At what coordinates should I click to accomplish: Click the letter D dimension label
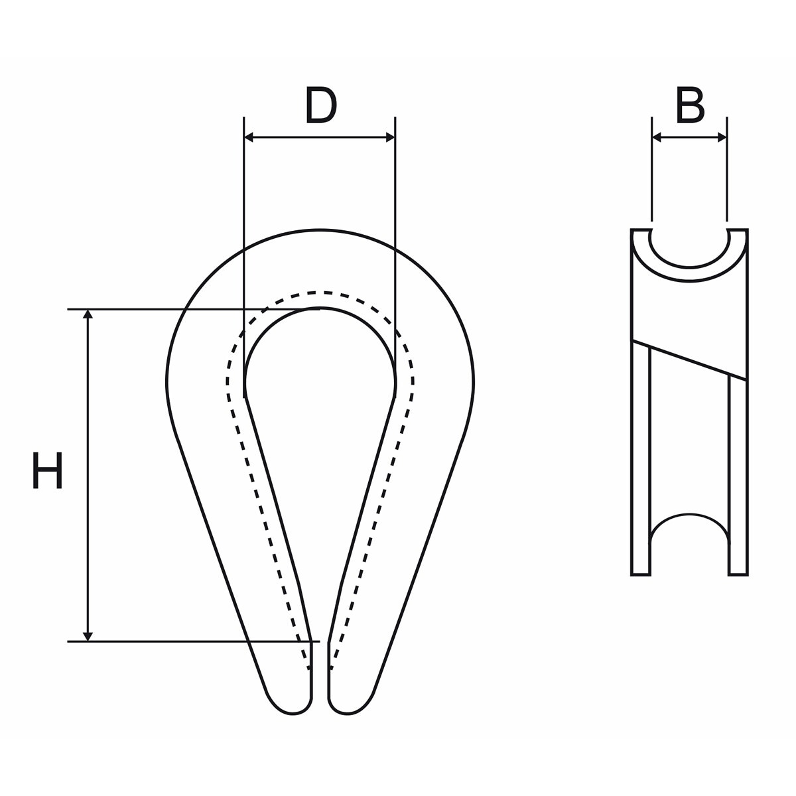click(321, 105)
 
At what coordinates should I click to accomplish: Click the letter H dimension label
click(47, 470)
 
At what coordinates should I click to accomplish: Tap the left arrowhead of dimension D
click(249, 137)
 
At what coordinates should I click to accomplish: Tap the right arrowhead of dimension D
click(390, 137)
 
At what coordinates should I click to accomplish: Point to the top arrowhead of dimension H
click(88, 314)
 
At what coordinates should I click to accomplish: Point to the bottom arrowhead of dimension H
click(88, 637)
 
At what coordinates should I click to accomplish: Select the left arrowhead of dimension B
click(657, 137)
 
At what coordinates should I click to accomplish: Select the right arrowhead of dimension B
click(722, 137)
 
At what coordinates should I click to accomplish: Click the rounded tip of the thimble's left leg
click(293, 711)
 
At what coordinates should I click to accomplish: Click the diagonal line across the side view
click(689, 360)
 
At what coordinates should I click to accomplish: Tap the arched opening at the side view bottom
click(689, 514)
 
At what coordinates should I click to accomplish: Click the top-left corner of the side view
click(631, 230)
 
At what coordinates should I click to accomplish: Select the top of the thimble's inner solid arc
click(320, 308)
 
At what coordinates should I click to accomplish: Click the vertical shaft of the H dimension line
click(88, 476)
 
